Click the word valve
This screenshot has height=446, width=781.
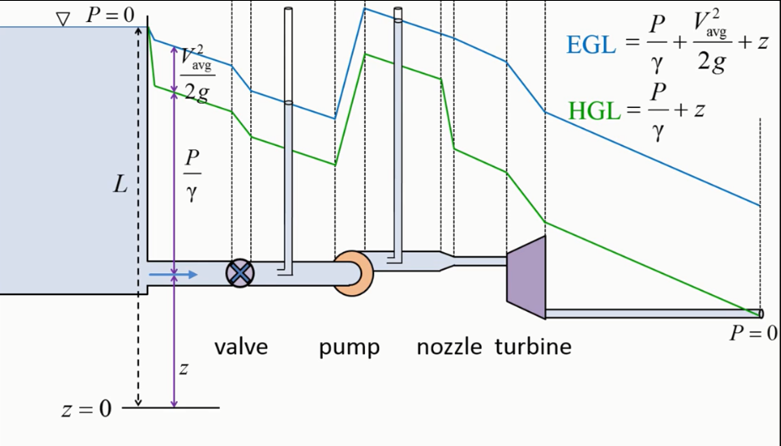pyautogui.click(x=241, y=347)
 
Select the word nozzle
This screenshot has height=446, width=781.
pyautogui.click(x=449, y=347)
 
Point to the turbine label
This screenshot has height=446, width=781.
pyautogui.click(x=533, y=347)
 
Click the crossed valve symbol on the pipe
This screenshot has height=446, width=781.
pyautogui.click(x=240, y=273)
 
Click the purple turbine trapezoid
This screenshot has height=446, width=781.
pyautogui.click(x=526, y=277)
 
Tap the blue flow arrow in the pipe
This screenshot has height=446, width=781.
pyautogui.click(x=173, y=275)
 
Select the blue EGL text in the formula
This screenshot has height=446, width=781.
pyautogui.click(x=591, y=46)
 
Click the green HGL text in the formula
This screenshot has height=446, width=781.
pyautogui.click(x=594, y=110)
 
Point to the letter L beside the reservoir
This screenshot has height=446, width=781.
pyautogui.click(x=120, y=185)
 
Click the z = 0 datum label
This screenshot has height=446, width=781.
pyautogui.click(x=87, y=409)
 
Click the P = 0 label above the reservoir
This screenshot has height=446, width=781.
pyautogui.click(x=110, y=15)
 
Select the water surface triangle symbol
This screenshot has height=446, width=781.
pyautogui.click(x=62, y=19)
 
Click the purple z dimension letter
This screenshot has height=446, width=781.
pyautogui.click(x=184, y=368)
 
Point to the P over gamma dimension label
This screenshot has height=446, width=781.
pyautogui.click(x=192, y=175)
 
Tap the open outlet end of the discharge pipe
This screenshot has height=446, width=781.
pyautogui.click(x=761, y=314)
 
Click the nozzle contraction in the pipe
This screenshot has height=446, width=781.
pyautogui.click(x=447, y=261)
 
